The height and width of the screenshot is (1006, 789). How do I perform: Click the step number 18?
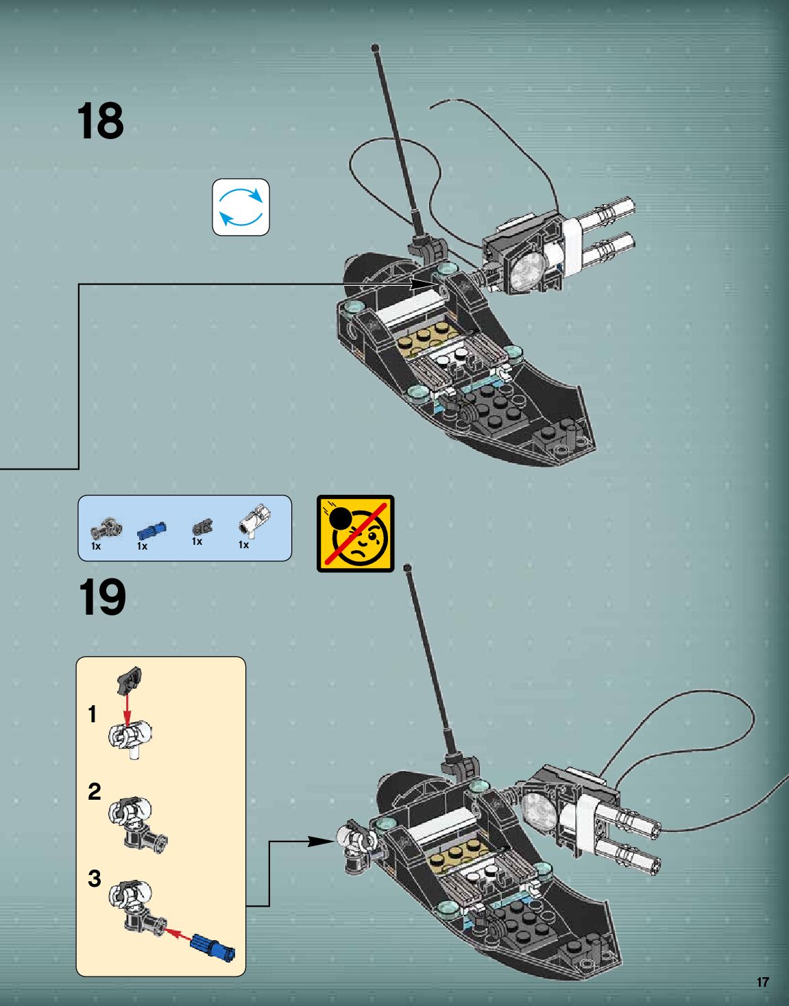click(101, 121)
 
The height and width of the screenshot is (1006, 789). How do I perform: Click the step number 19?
click(102, 598)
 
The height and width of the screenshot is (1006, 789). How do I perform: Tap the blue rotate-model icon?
click(241, 207)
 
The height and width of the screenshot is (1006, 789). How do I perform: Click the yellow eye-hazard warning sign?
click(355, 533)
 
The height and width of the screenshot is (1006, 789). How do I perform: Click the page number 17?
click(762, 982)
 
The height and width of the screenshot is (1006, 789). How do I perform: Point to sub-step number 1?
click(93, 715)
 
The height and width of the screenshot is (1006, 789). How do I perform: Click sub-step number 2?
click(95, 792)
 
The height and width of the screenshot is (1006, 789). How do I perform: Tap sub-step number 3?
click(95, 879)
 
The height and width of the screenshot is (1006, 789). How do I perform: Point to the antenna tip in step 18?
click(375, 47)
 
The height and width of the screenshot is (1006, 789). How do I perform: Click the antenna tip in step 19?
click(407, 567)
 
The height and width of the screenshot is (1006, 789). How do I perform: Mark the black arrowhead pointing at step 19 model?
click(322, 842)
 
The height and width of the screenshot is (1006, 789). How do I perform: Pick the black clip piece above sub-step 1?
click(130, 678)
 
